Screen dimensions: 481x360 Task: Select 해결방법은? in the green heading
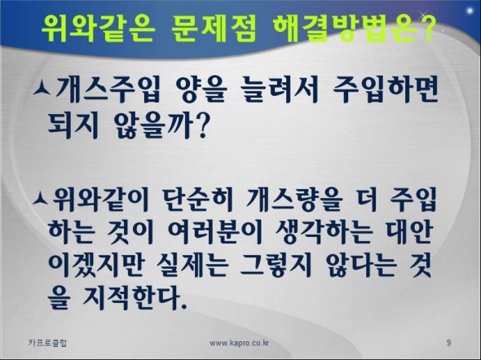pos(354,29)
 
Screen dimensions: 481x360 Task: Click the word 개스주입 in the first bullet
pos(108,90)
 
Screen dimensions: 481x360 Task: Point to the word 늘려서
pos(280,90)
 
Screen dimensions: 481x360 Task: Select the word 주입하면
pos(386,90)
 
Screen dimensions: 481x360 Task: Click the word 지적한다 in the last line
pos(135,297)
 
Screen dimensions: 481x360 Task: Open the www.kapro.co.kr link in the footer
pos(239,343)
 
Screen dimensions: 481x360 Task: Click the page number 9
pos(448,343)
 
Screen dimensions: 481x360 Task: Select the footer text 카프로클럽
pos(47,343)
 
